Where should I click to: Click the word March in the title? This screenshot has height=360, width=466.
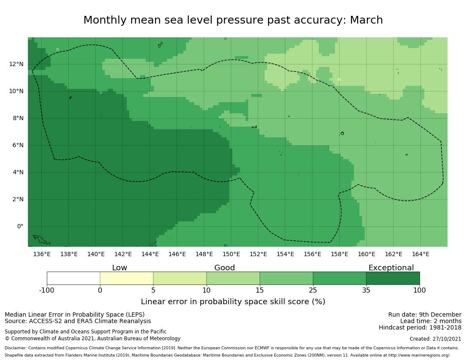(366, 21)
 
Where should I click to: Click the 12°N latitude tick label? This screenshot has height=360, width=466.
(16, 64)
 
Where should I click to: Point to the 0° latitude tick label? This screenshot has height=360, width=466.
(20, 227)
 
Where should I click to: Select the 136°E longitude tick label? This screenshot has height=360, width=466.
(42, 254)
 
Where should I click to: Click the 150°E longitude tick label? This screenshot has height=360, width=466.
(231, 254)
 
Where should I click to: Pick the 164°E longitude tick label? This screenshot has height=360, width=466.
(420, 254)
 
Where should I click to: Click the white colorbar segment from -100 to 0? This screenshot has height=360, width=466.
(73, 278)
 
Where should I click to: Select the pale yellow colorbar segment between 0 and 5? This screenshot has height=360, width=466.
(127, 278)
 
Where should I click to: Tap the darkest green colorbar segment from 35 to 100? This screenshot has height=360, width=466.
(393, 278)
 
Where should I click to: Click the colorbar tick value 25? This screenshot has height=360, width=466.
(313, 290)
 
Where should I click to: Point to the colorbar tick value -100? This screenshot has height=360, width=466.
(47, 290)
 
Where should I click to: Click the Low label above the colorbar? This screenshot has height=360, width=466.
(119, 268)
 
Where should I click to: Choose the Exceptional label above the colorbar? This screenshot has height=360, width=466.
(391, 268)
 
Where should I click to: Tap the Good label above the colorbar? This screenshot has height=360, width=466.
(225, 268)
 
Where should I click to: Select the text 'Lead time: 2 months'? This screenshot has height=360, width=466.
(431, 321)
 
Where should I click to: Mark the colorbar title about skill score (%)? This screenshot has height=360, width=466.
(233, 302)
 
